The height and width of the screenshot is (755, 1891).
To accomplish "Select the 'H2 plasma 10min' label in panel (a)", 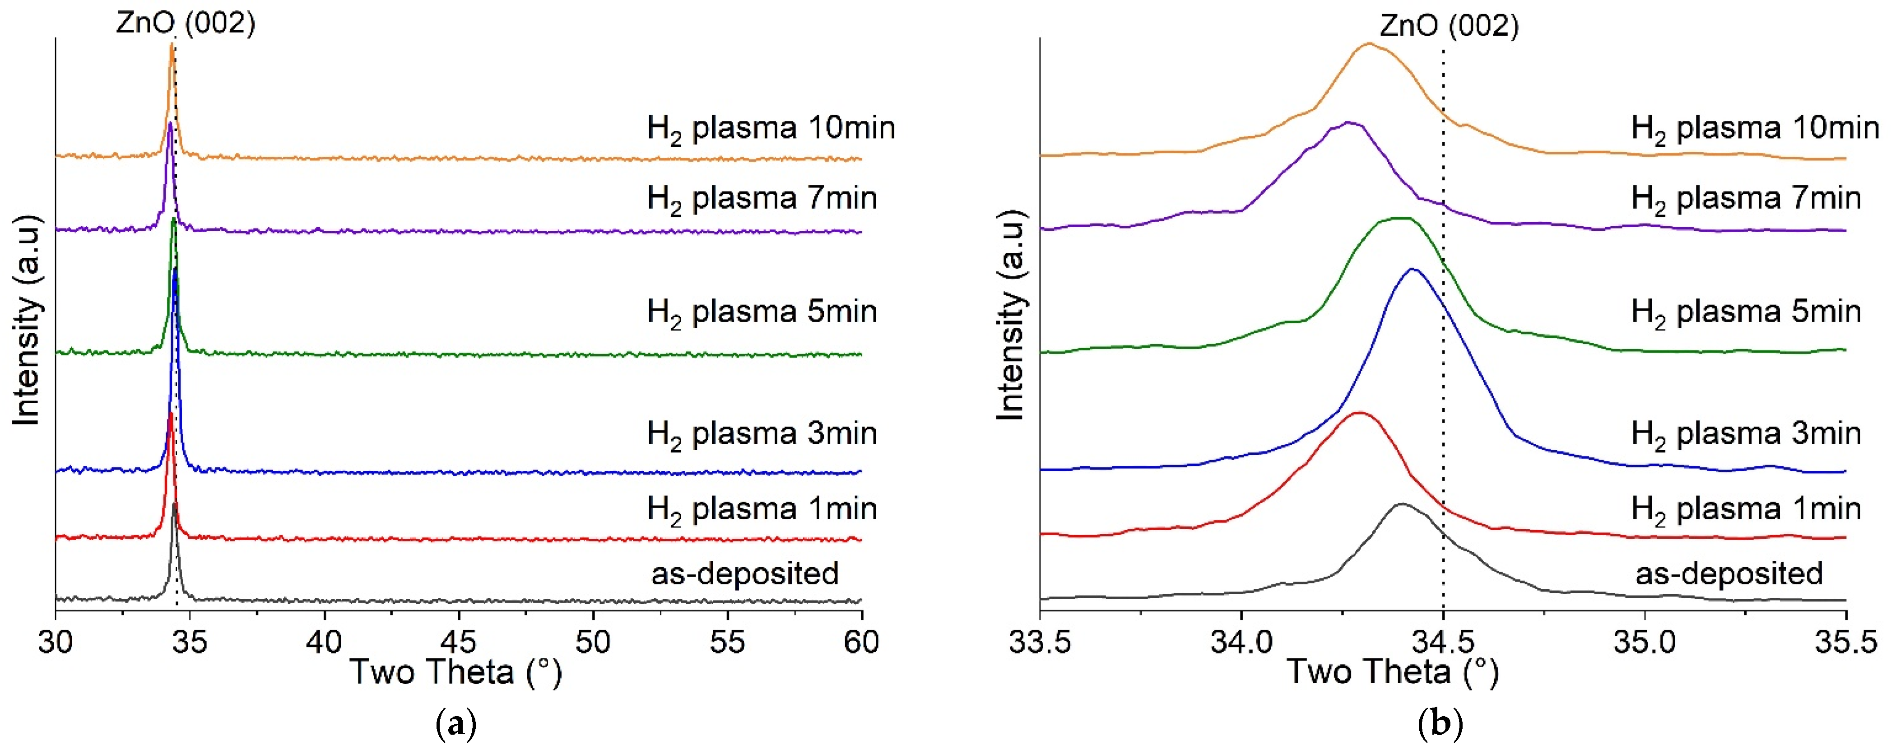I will (771, 129).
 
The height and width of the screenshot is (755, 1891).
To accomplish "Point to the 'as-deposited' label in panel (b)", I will (1729, 573).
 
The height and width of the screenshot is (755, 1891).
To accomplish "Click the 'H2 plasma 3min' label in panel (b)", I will (1746, 434).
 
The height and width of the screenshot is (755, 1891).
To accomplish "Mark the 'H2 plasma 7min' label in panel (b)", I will (1746, 199).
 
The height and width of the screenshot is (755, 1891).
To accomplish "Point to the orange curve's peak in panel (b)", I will (1368, 43).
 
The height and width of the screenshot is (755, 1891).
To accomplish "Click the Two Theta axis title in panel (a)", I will (455, 672).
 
